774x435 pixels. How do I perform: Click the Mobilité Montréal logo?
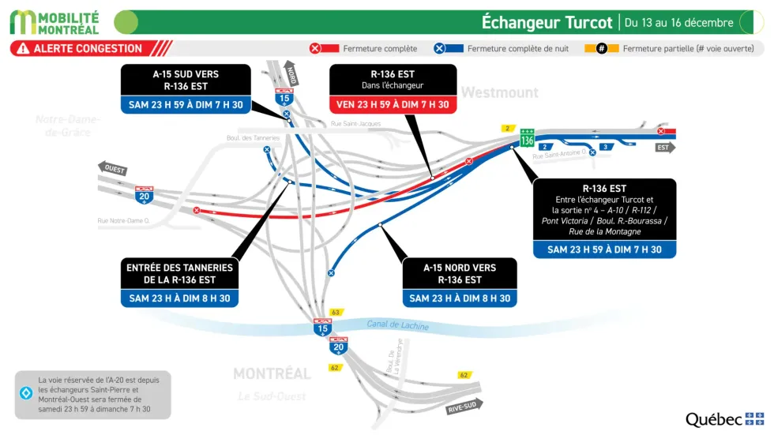tap(54, 22)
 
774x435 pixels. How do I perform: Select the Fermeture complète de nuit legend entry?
tap(506, 49)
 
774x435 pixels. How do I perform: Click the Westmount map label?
tap(500, 92)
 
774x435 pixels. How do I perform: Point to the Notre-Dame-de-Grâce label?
tap(67, 126)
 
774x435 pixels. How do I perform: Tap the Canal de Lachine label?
tap(397, 325)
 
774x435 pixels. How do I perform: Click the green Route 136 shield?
tap(527, 137)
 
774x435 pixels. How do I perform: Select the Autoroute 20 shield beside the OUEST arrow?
tap(144, 195)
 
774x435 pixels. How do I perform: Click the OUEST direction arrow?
tap(112, 167)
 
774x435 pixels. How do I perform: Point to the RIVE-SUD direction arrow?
tap(464, 406)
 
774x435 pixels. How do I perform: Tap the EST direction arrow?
tap(665, 148)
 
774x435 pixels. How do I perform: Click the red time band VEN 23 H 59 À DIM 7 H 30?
tap(393, 104)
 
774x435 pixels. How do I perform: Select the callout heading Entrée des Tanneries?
tap(179, 273)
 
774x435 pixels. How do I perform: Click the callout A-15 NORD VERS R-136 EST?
tap(460, 273)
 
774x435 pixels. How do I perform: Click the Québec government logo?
tap(724, 419)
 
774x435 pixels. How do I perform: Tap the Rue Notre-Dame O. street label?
tap(123, 221)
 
